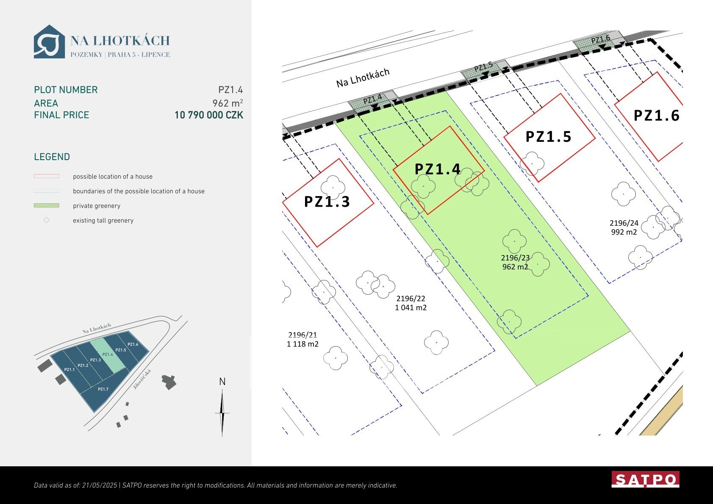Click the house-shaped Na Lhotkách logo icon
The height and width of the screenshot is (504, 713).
click(x=49, y=42)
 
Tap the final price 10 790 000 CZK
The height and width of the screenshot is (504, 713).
click(x=209, y=115)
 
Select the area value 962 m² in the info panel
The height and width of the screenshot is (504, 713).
click(x=227, y=103)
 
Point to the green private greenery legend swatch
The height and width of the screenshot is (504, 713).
click(x=47, y=205)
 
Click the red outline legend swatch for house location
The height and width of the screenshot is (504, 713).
click(x=47, y=176)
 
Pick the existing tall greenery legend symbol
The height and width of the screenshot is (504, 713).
click(x=47, y=220)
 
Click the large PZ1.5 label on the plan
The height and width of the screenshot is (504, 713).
click(x=549, y=137)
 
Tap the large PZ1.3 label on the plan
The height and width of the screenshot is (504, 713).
click(x=327, y=202)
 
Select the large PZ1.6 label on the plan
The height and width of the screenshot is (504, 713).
click(x=656, y=116)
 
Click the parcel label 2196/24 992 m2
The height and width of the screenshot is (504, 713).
click(x=624, y=227)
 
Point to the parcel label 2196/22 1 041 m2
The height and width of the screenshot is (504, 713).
click(x=411, y=303)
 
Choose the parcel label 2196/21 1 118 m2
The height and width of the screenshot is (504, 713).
click(x=302, y=339)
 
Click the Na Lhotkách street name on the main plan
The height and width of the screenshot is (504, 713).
click(x=363, y=78)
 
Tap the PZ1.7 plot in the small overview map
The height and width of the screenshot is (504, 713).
click(x=103, y=389)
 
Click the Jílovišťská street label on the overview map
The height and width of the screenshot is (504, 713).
click(x=142, y=379)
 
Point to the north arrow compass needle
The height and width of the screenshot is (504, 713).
click(x=222, y=413)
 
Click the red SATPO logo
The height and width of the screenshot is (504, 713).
click(x=646, y=479)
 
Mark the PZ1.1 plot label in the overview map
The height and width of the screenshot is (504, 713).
click(x=69, y=369)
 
